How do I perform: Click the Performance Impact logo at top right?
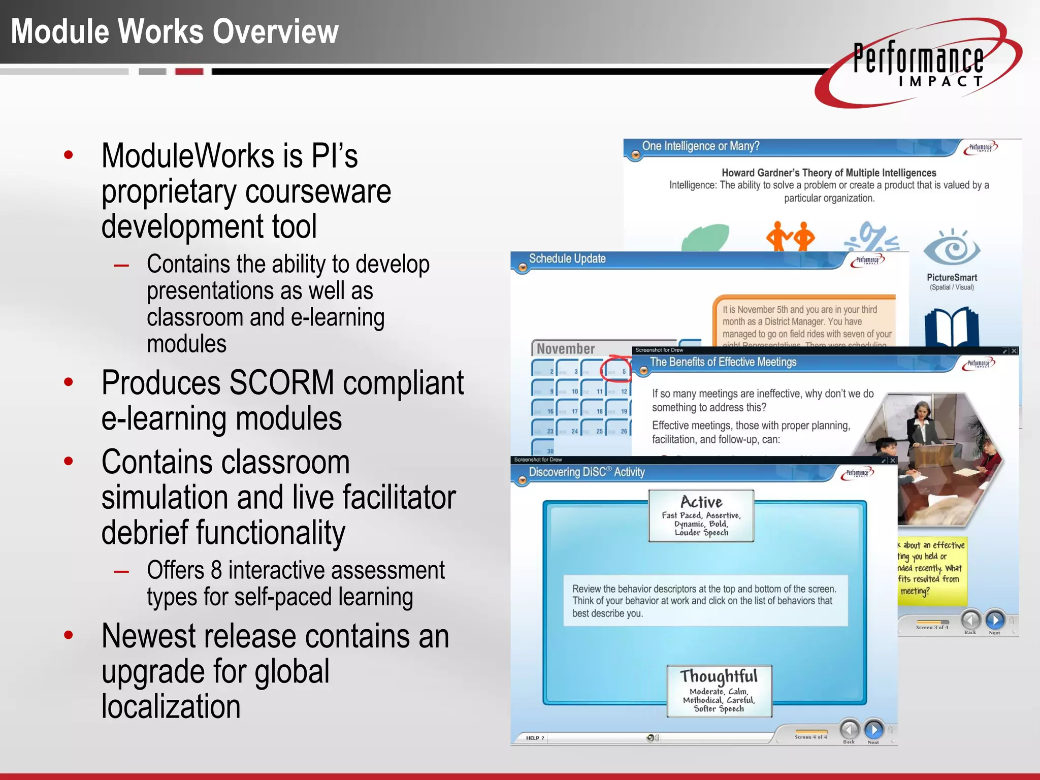[918, 64]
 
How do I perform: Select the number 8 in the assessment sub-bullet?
[216, 570]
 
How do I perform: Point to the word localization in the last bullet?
[171, 706]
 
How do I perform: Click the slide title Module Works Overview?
[175, 31]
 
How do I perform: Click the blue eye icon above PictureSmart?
[952, 249]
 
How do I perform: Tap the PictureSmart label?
[952, 277]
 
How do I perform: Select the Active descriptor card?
[701, 515]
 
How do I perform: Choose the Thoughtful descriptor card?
[719, 691]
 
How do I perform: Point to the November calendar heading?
[566, 349]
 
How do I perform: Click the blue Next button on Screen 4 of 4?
[873, 730]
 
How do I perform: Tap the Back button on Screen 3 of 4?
[970, 620]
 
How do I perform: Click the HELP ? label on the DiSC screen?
[535, 738]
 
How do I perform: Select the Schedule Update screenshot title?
[567, 258]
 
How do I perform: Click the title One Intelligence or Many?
[700, 146]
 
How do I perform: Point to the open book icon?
[951, 327]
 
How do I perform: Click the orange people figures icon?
[790, 236]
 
